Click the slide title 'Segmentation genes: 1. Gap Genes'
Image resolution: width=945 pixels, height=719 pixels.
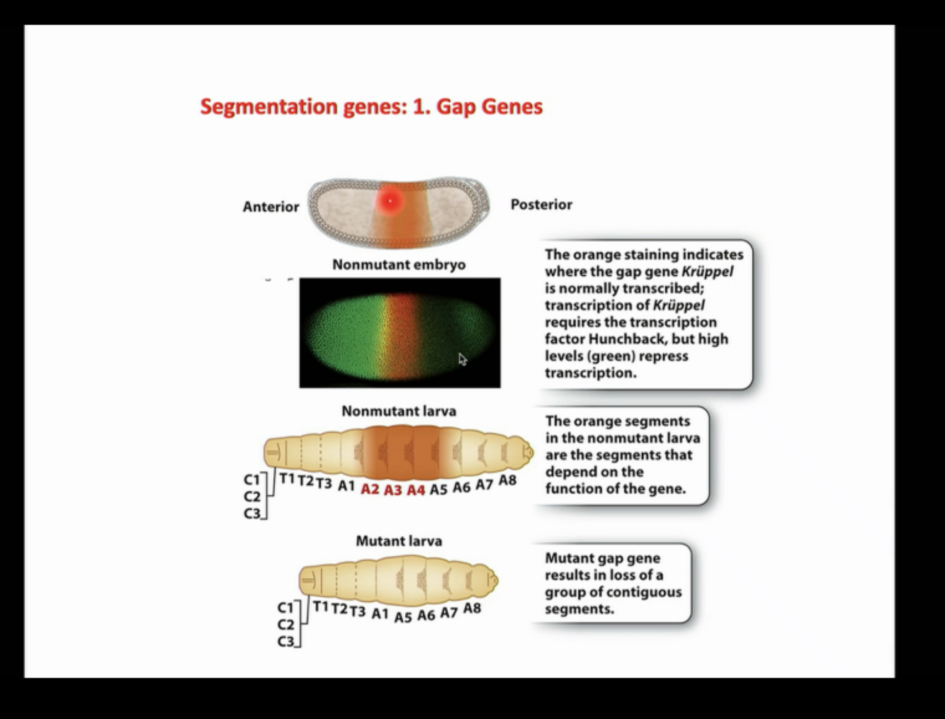click(371, 106)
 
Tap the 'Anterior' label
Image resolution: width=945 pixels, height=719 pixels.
click(271, 207)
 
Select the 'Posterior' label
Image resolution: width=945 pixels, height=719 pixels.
click(541, 205)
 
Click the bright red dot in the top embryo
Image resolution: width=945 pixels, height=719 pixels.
click(389, 201)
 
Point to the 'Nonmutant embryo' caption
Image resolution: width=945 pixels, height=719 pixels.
click(399, 265)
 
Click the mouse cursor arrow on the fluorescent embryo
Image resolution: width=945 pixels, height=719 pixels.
click(463, 359)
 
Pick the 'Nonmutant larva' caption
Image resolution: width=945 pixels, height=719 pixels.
click(399, 412)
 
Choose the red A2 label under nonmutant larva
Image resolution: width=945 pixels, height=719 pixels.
click(370, 489)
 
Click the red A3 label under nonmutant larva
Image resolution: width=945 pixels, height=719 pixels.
click(392, 490)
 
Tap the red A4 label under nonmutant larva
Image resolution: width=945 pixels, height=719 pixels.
click(415, 490)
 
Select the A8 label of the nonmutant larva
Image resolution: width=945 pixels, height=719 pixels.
click(507, 480)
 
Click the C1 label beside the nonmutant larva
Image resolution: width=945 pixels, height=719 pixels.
click(251, 480)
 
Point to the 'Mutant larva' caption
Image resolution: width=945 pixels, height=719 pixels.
click(399, 541)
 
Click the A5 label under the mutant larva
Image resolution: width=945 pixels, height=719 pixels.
click(402, 616)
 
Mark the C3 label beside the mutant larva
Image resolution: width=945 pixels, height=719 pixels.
click(285, 642)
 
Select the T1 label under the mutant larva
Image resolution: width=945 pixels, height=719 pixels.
click(320, 606)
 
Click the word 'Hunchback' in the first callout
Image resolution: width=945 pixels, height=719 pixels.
click(621, 339)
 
